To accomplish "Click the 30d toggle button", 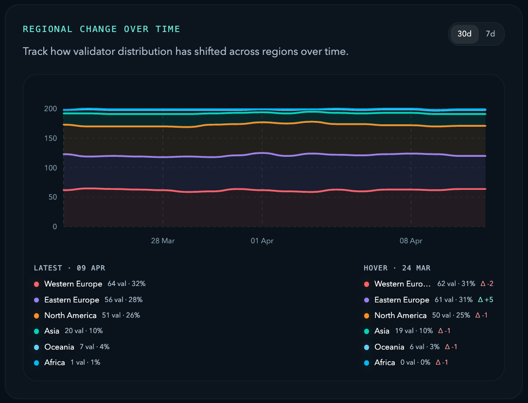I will tap(464, 34).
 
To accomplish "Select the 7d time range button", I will tap(491, 34).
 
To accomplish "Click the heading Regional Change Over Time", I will tap(102, 29).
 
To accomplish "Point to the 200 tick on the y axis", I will tap(51, 109).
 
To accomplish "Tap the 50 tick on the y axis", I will tap(53, 197).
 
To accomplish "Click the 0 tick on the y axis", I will tap(55, 227).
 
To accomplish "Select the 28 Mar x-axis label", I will tap(163, 241).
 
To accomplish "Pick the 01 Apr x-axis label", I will tap(262, 241).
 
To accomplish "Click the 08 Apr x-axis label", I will tap(411, 241).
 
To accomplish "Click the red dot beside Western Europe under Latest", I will tap(36, 285).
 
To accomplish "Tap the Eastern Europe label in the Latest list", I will tap(71, 300).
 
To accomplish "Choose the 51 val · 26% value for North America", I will tap(121, 316).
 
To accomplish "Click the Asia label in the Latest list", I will tap(52, 331).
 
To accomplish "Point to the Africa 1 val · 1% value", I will tap(86, 363).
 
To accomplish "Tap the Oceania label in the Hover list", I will tap(389, 347).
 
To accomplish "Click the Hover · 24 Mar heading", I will tap(397, 268).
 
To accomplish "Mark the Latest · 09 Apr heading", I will tap(70, 268).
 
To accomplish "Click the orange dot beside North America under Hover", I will tap(367, 316).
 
